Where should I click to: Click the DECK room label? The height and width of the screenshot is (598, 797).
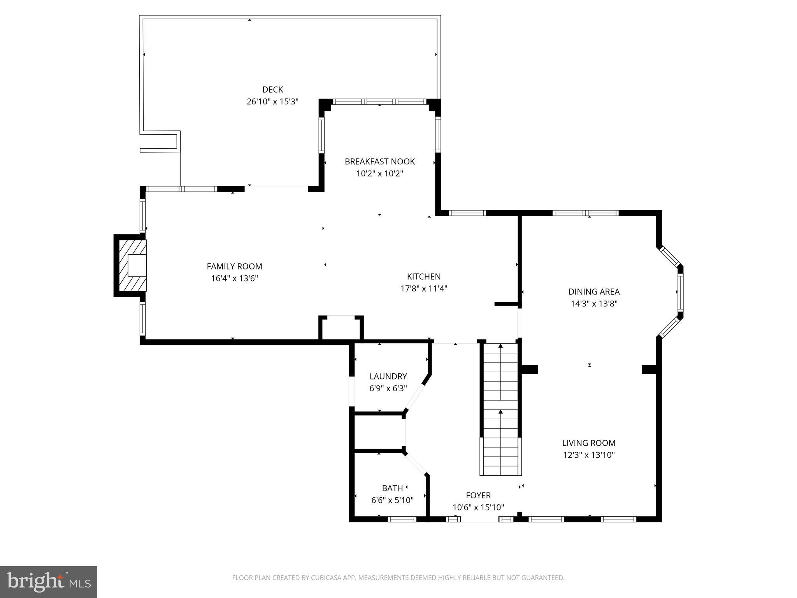pyautogui.click(x=272, y=90)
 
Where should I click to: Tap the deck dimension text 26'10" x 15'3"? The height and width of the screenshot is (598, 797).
pyautogui.click(x=272, y=102)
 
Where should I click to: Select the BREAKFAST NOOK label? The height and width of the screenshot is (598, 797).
pyautogui.click(x=379, y=161)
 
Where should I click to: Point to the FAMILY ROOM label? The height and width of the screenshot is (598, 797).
pyautogui.click(x=234, y=266)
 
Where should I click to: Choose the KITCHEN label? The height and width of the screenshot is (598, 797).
pyautogui.click(x=423, y=276)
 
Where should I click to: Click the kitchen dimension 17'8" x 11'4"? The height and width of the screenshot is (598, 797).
pyautogui.click(x=423, y=288)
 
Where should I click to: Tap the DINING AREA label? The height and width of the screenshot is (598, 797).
pyautogui.click(x=594, y=292)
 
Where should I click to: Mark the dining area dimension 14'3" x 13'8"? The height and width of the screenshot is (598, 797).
pyautogui.click(x=594, y=304)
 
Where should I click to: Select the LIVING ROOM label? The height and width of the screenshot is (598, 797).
pyautogui.click(x=588, y=443)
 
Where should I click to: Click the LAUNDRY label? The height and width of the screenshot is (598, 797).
pyautogui.click(x=388, y=376)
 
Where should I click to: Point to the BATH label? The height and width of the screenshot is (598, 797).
pyautogui.click(x=392, y=488)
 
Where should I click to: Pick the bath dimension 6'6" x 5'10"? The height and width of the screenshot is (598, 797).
pyautogui.click(x=392, y=500)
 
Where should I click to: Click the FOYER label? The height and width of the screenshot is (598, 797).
pyautogui.click(x=478, y=495)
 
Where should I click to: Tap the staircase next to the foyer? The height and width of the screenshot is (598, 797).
pyautogui.click(x=500, y=409)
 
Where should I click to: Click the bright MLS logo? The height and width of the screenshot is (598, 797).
pyautogui.click(x=49, y=582)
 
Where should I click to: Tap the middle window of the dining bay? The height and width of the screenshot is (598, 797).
pyautogui.click(x=680, y=292)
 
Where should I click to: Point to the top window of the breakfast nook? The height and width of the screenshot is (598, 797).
pyautogui.click(x=379, y=102)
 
